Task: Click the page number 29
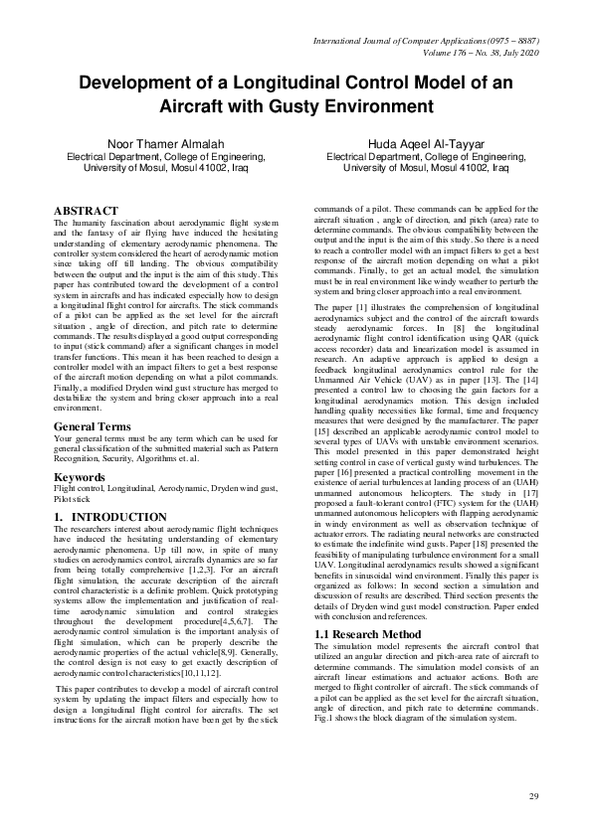[x=533, y=796]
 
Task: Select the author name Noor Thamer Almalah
[x=165, y=144]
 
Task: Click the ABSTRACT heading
[x=86, y=211]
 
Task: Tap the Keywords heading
[x=82, y=476]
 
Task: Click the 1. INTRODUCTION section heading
[x=110, y=518]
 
